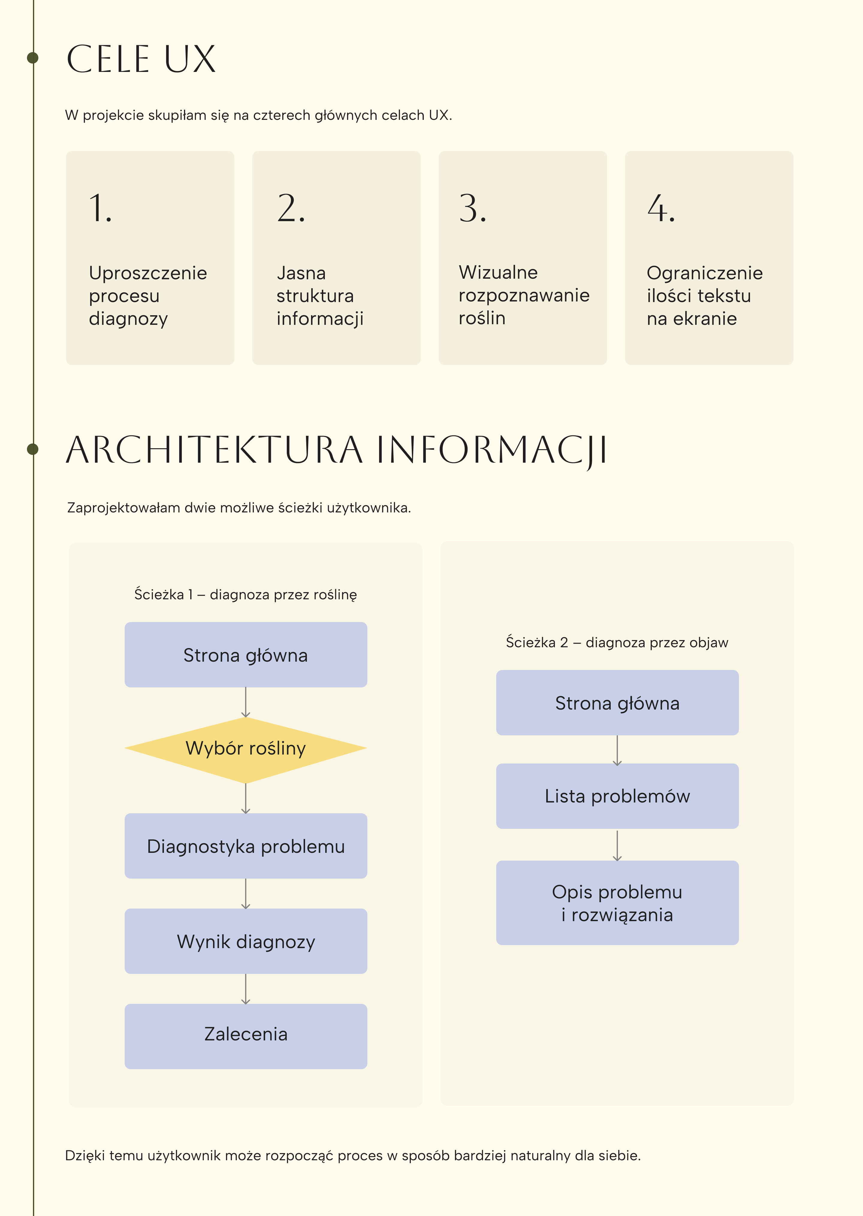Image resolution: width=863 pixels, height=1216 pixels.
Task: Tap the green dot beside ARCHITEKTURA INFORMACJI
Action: click(32, 449)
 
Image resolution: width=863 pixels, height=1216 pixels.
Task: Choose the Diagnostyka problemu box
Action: click(245, 846)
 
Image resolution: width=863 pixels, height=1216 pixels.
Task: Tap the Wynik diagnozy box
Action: click(245, 941)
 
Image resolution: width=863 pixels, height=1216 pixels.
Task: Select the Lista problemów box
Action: click(617, 796)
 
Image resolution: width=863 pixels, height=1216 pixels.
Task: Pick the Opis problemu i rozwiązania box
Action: click(617, 903)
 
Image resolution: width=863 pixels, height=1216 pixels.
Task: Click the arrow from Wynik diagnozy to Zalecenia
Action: click(245, 989)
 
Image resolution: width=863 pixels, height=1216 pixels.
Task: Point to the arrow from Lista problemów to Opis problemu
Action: click(617, 845)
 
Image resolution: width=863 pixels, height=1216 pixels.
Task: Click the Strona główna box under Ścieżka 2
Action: click(617, 703)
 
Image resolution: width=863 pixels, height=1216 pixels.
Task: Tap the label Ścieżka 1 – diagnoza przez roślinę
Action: click(245, 594)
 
